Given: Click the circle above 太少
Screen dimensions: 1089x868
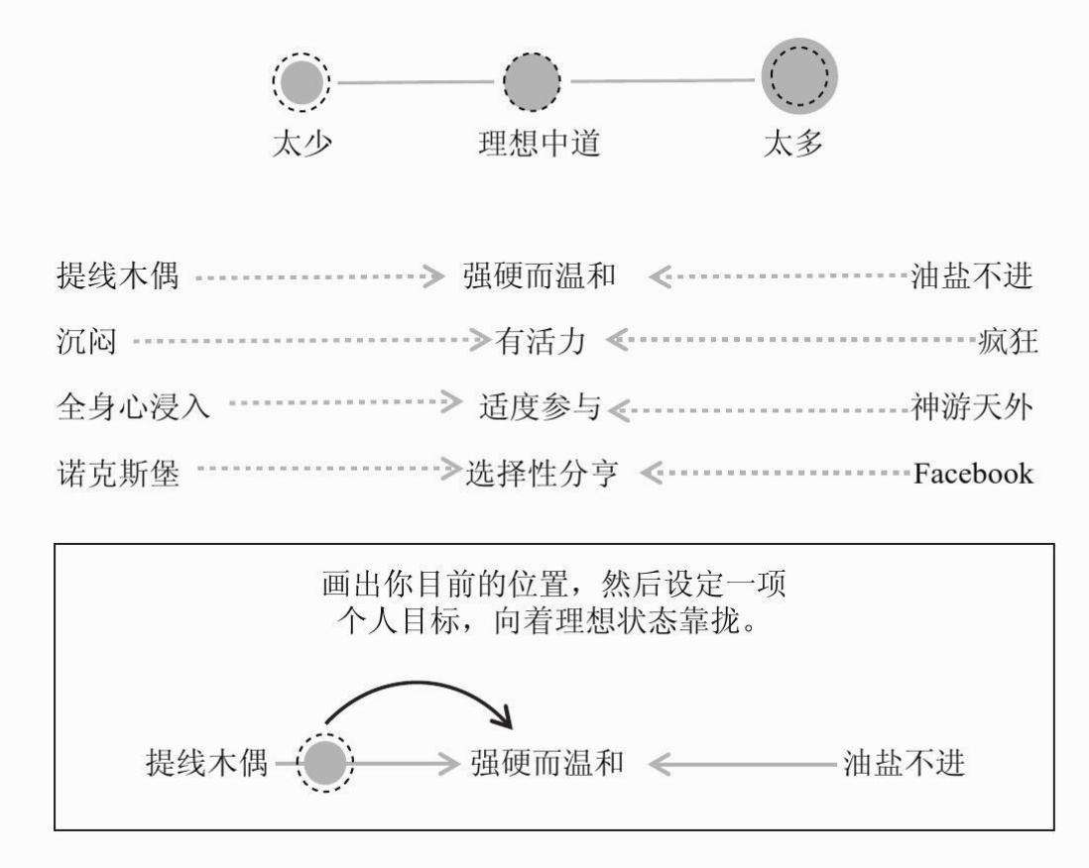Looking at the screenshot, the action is click(x=301, y=82).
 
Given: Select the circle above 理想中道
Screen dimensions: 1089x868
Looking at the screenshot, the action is click(x=532, y=81).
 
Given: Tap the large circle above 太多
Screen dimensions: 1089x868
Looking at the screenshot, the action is click(x=799, y=75).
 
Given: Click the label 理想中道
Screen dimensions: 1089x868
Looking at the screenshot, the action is click(x=539, y=143).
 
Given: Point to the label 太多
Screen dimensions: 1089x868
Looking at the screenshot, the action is click(x=792, y=143).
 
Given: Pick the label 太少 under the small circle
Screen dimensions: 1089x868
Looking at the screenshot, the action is click(x=302, y=143).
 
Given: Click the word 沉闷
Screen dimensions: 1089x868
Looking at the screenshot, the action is click(x=86, y=342).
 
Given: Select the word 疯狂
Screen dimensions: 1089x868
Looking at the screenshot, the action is click(x=1008, y=342).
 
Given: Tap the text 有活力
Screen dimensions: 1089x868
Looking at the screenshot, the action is click(x=540, y=342).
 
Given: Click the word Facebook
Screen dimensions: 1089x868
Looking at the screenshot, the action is click(x=973, y=474).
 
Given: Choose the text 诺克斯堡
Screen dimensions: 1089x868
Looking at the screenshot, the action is click(x=118, y=474).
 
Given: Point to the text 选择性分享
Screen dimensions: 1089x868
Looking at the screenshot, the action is click(x=541, y=474).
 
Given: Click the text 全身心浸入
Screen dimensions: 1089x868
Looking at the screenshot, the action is click(x=133, y=406).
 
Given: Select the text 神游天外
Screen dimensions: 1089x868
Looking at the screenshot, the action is click(x=972, y=406).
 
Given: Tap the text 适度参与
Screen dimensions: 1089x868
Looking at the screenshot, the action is click(x=540, y=406).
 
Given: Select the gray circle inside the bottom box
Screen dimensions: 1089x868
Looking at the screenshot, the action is click(x=324, y=763).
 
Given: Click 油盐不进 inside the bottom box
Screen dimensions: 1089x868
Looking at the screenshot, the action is click(x=904, y=763).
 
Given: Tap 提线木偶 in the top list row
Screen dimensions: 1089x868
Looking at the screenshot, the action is click(x=117, y=275).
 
